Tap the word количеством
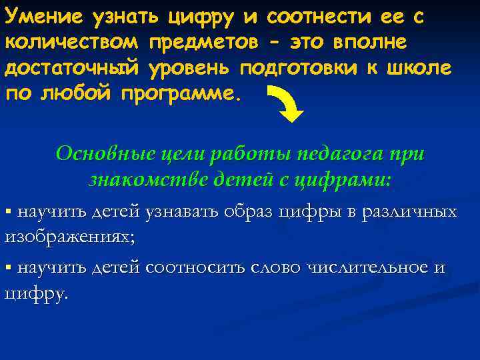click(x=72, y=43)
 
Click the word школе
click(x=422, y=68)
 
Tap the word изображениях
click(x=63, y=237)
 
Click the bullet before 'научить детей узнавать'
click(x=9, y=213)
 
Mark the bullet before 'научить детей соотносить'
click(x=9, y=268)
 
